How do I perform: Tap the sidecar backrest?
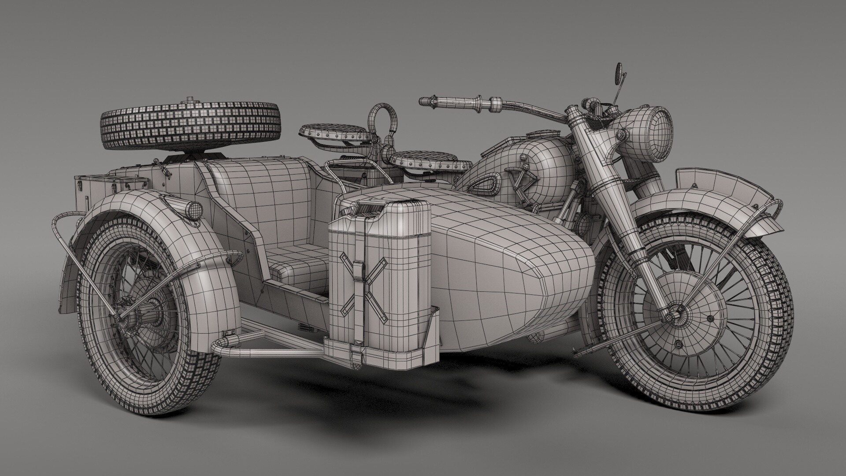coord(264,194)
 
